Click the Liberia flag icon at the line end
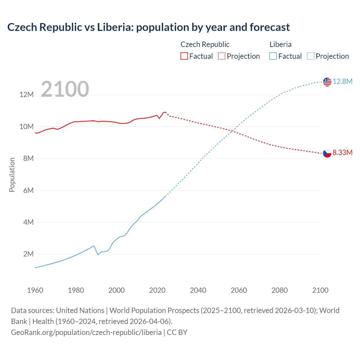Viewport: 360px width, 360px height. click(327, 82)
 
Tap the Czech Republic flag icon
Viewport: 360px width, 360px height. click(327, 153)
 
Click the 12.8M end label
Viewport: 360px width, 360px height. click(343, 82)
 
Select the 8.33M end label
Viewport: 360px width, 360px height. click(342, 153)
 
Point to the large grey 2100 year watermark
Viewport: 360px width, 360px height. click(65, 89)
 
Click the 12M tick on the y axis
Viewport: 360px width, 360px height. click(26, 95)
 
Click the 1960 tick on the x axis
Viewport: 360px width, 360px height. click(35, 290)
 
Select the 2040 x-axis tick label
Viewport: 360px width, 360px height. click(198, 290)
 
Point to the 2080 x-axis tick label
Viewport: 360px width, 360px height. click(280, 290)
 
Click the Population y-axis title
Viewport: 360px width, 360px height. click(12, 175)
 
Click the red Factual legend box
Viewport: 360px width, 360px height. click(184, 56)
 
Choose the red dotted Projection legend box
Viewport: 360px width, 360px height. click(222, 56)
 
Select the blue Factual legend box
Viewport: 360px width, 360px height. click(273, 56)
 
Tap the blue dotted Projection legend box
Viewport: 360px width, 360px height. click(310, 56)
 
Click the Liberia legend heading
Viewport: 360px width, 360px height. click(280, 44)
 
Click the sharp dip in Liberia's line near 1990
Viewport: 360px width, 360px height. click(98, 255)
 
